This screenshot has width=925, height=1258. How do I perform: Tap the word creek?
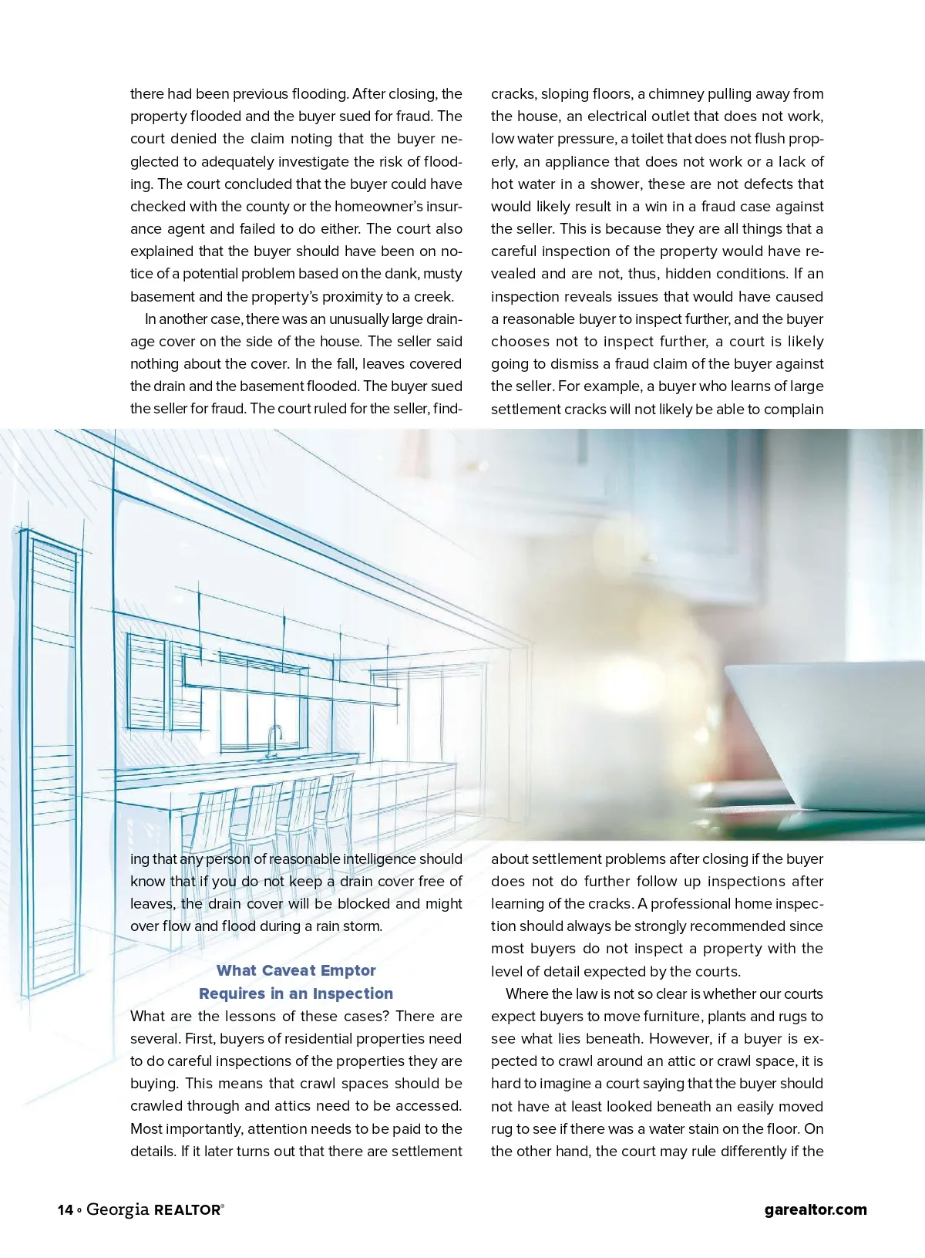pyautogui.click(x=432, y=297)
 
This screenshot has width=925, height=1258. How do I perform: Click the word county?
pyautogui.click(x=258, y=207)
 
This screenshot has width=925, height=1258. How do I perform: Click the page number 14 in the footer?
pyautogui.click(x=65, y=1209)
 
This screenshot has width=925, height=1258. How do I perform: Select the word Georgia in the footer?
pyautogui.click(x=117, y=1209)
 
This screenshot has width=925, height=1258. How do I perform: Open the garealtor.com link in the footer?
pyautogui.click(x=816, y=1209)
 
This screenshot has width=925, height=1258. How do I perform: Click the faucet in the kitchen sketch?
pyautogui.click(x=274, y=740)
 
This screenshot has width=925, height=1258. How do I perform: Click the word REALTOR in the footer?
pyautogui.click(x=187, y=1210)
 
